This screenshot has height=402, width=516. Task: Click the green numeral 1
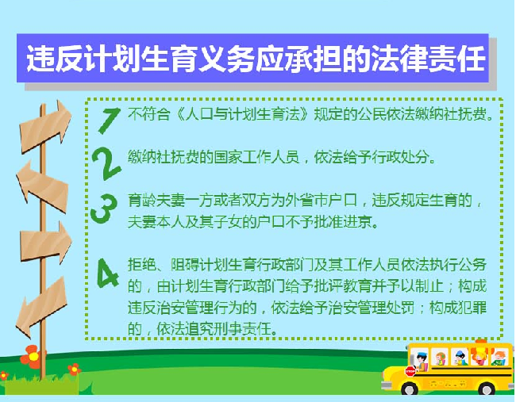(x=110, y=121)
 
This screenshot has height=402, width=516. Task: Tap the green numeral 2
(x=106, y=163)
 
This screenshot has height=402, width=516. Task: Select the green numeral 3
(x=104, y=209)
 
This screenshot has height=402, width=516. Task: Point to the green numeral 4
(x=108, y=273)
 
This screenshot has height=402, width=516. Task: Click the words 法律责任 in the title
(x=428, y=59)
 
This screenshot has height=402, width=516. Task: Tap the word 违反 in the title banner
(x=55, y=59)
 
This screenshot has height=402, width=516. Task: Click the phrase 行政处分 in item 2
(x=400, y=158)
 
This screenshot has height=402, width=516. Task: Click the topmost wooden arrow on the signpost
(x=45, y=127)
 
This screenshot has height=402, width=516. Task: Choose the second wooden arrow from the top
(x=42, y=186)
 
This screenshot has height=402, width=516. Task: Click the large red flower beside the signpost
(x=31, y=357)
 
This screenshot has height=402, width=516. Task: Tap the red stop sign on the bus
(x=410, y=371)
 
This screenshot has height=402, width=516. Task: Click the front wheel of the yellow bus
(x=410, y=389)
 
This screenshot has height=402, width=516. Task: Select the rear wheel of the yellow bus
(x=487, y=389)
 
